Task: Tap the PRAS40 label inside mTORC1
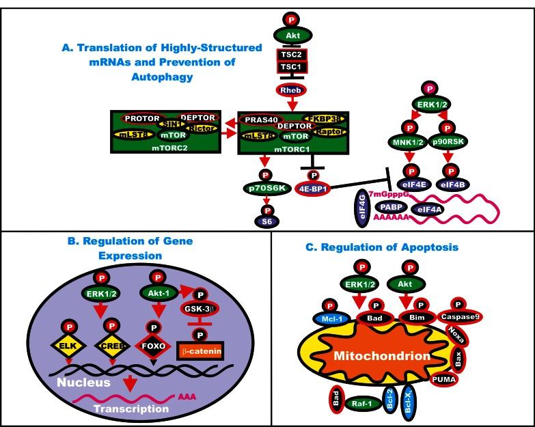tap(260, 120)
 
